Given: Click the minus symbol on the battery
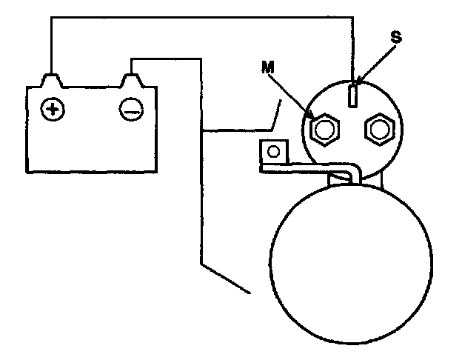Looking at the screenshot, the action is click(130, 110).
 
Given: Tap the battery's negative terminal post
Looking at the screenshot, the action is click(132, 79).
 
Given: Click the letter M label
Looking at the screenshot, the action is click(267, 68).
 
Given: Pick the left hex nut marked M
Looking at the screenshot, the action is click(323, 130).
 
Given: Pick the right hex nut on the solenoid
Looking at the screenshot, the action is click(377, 130).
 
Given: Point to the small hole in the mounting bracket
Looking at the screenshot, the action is click(273, 153).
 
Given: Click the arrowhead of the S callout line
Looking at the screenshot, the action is click(358, 82).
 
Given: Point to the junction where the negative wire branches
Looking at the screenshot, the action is click(201, 131).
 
